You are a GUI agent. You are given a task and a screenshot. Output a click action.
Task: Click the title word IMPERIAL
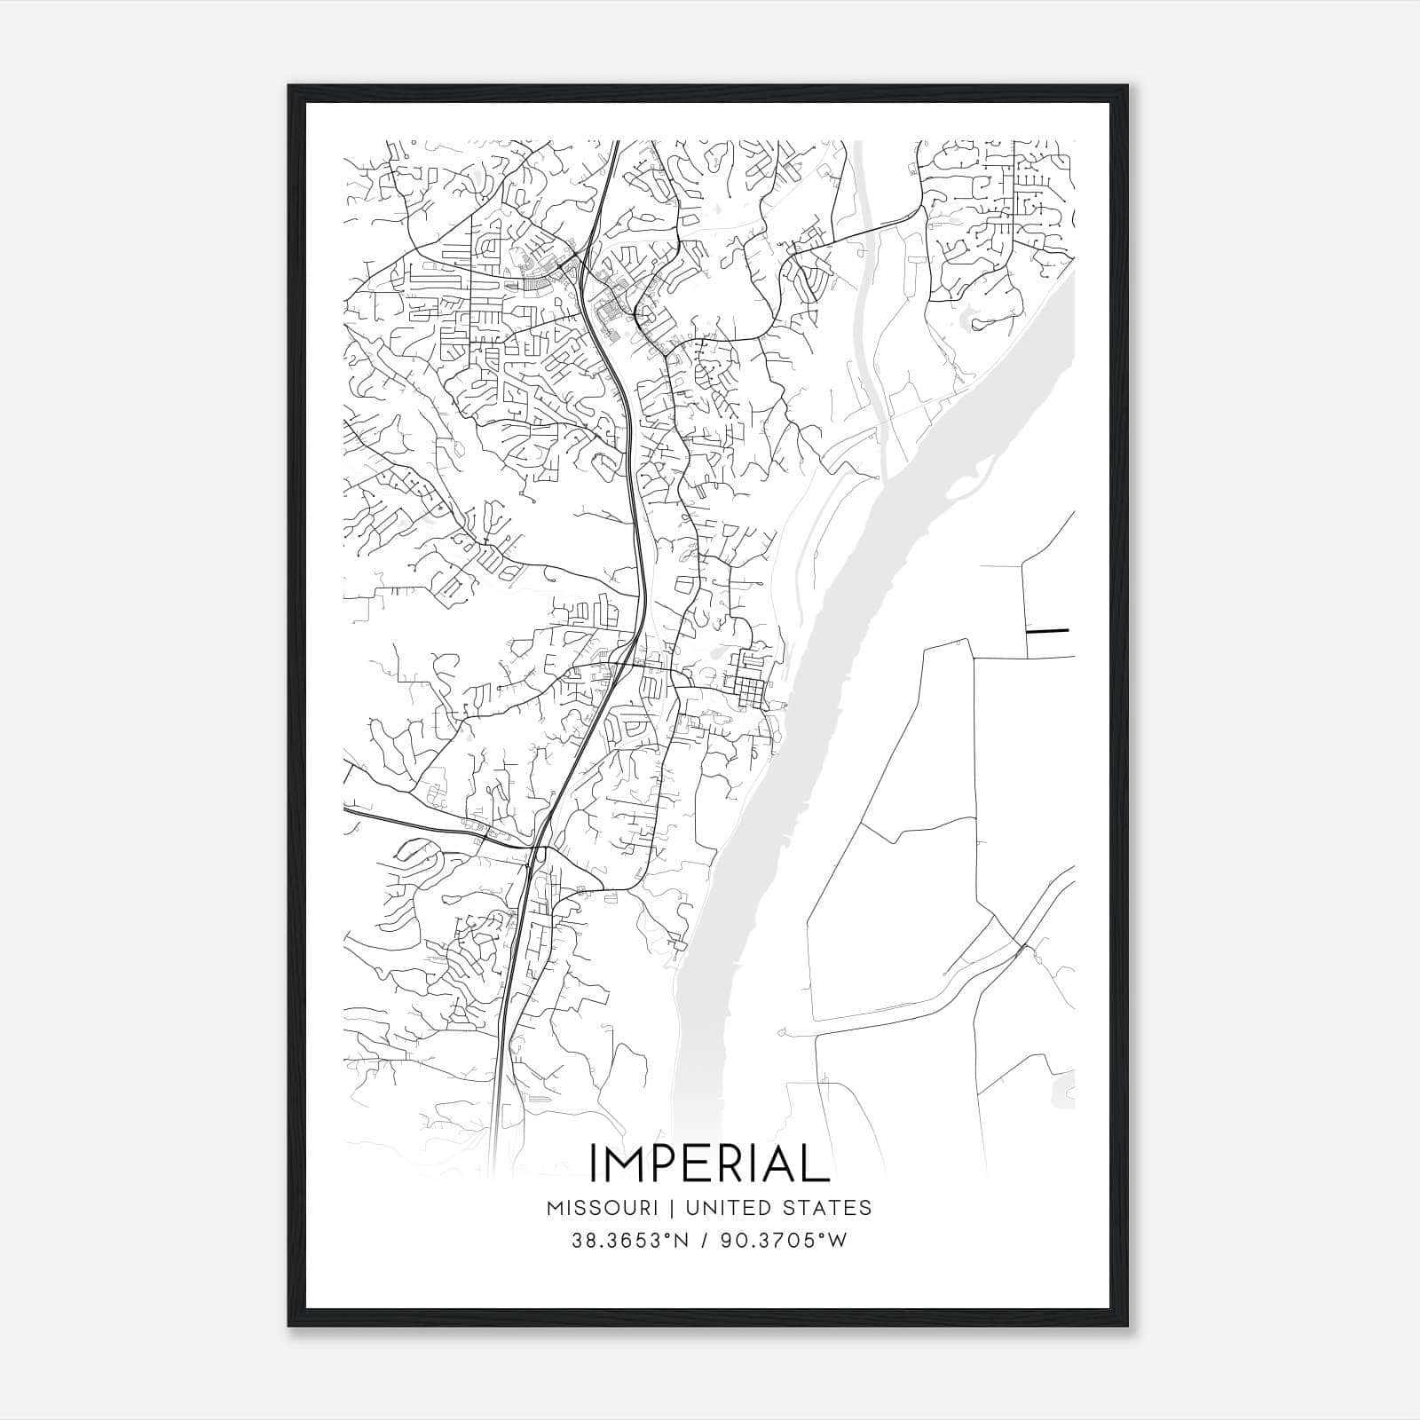[x=708, y=1164]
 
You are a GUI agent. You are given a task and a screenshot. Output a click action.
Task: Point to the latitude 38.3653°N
[x=630, y=1241]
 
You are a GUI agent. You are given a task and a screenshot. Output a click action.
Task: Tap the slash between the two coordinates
[x=705, y=1241]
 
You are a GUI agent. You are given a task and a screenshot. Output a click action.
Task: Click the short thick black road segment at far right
[x=1047, y=631]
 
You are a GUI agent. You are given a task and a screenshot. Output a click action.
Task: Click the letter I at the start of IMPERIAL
[x=593, y=1164]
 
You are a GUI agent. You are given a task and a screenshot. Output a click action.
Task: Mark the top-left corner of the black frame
[x=289, y=86]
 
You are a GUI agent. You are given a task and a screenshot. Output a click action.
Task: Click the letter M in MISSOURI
[x=556, y=1208]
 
